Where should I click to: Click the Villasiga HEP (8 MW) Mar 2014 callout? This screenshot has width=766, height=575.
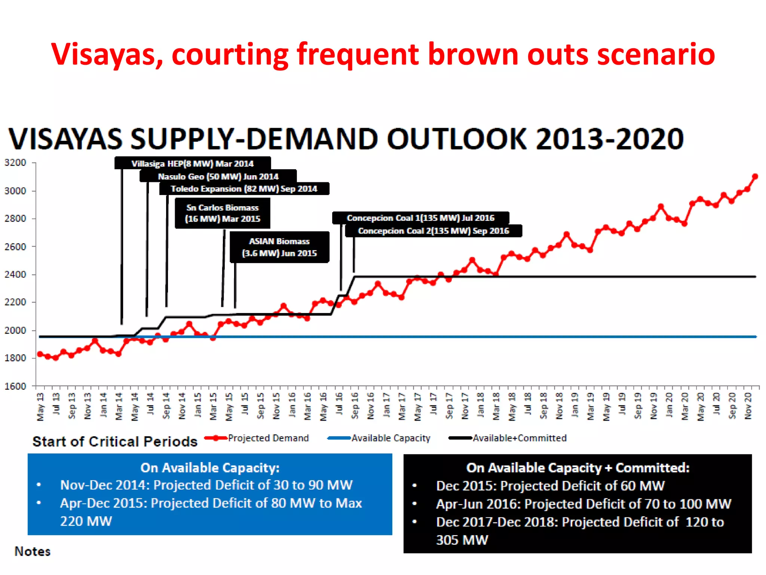(193, 164)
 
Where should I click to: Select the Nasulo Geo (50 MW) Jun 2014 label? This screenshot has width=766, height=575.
(218, 176)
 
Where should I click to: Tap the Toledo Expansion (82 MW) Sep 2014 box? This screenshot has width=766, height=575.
(244, 189)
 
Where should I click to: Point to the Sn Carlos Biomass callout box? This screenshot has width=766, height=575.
(223, 213)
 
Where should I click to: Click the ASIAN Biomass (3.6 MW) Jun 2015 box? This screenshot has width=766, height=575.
(279, 247)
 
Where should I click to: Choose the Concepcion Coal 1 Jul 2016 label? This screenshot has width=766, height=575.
(420, 218)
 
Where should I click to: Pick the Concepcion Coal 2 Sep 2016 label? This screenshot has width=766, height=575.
(433, 231)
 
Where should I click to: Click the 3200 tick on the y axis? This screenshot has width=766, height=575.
(15, 163)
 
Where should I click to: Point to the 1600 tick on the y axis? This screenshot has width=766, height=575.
(15, 386)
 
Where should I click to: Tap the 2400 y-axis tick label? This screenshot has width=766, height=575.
(15, 274)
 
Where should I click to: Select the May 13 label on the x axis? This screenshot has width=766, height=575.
(40, 407)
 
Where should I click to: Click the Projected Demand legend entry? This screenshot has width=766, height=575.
(268, 438)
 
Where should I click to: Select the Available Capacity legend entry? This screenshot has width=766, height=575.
(390, 438)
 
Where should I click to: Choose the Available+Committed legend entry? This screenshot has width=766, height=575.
(519, 438)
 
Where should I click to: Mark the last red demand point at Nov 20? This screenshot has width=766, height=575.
(755, 176)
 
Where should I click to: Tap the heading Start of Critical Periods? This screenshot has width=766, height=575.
(115, 442)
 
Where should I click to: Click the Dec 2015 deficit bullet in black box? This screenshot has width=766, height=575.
(550, 486)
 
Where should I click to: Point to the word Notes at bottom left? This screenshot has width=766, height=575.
(33, 551)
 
